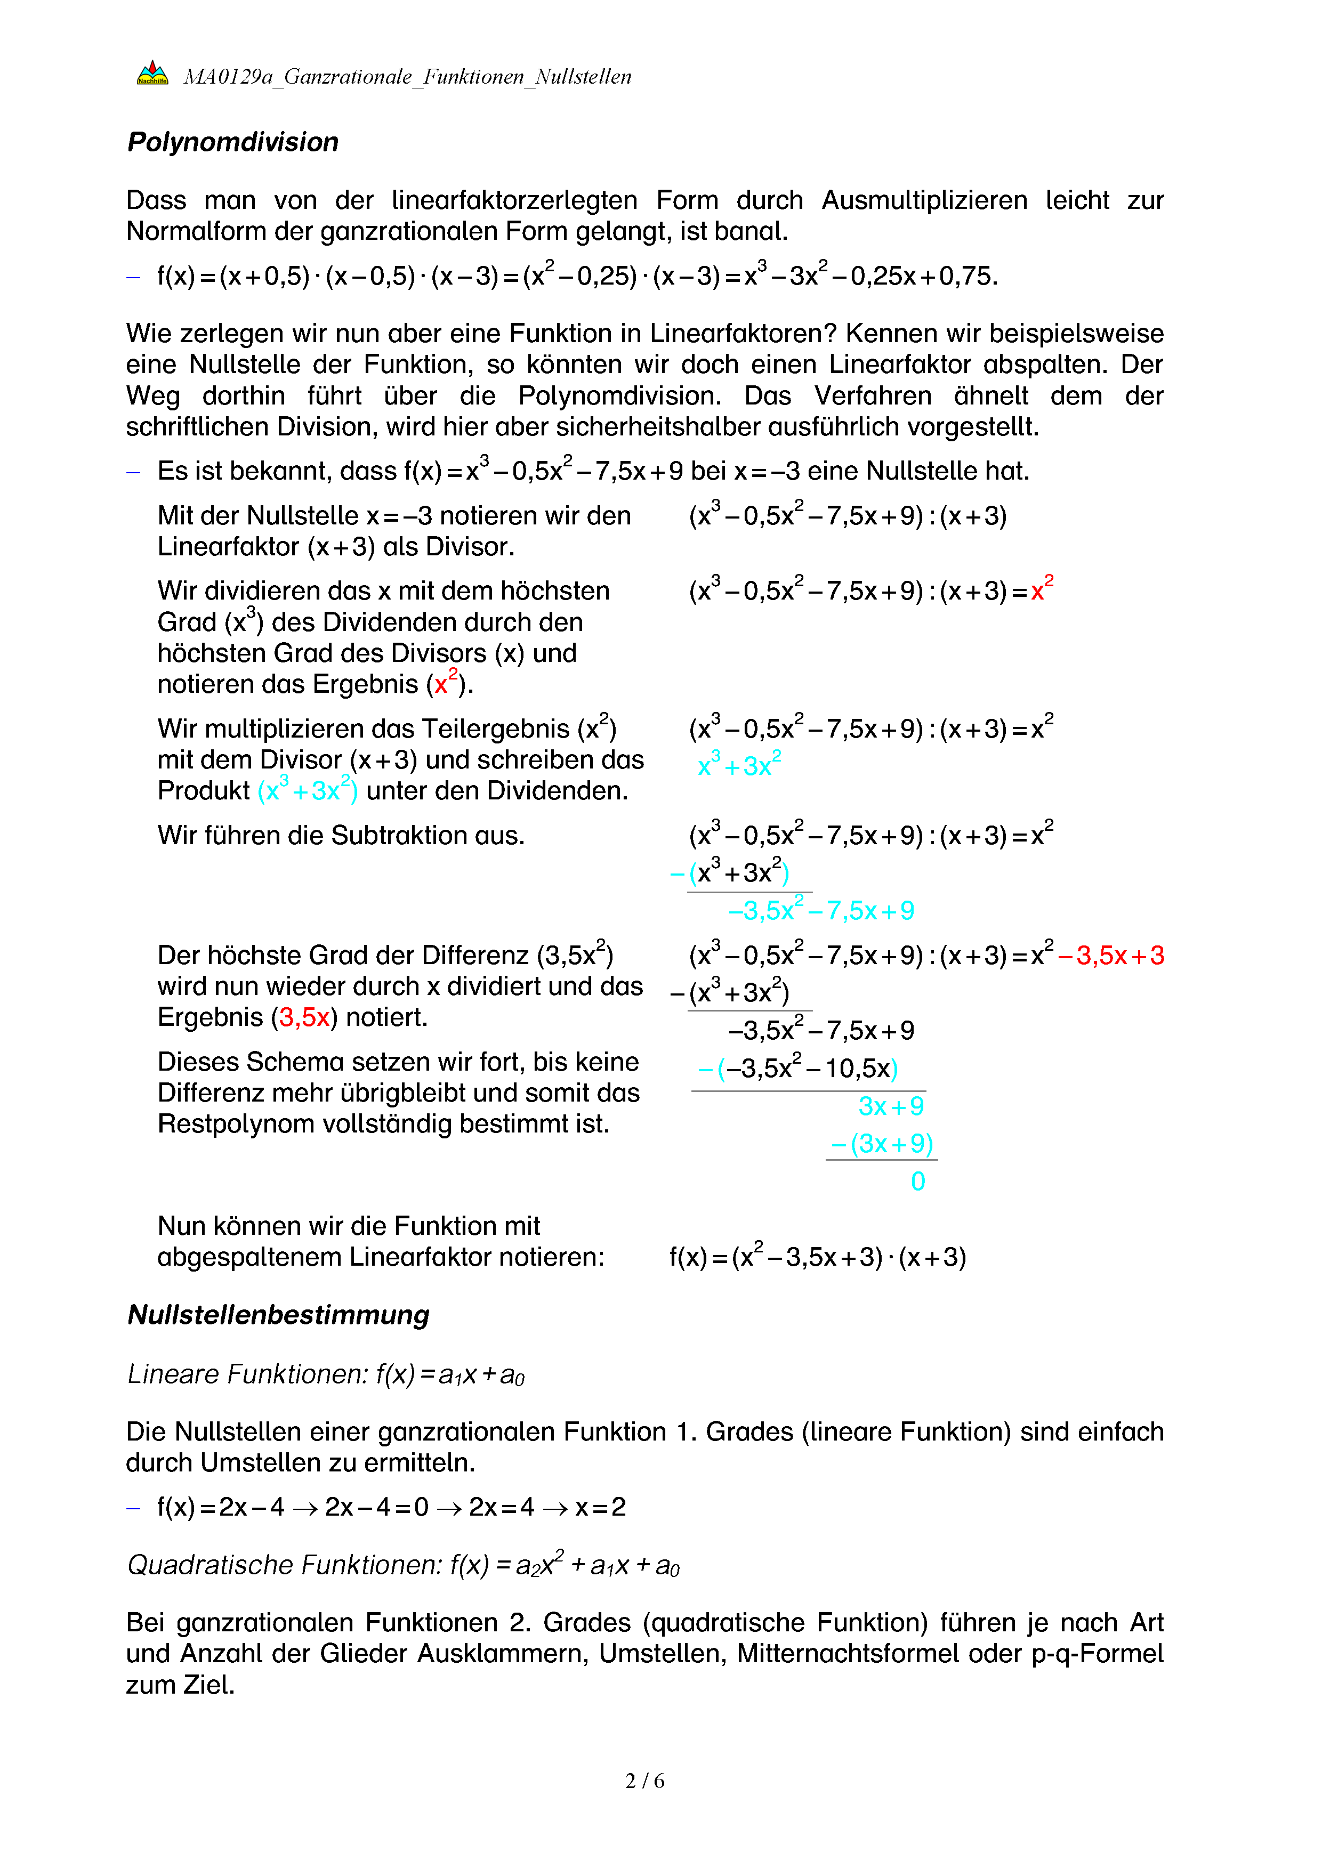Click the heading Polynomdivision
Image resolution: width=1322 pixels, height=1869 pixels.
(233, 142)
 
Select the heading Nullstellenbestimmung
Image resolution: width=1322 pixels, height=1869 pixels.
(278, 1315)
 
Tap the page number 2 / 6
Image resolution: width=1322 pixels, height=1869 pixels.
(644, 1781)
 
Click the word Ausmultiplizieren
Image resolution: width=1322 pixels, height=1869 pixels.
(924, 200)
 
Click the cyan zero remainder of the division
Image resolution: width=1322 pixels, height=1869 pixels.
(917, 1181)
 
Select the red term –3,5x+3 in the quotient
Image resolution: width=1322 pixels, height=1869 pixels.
(1111, 956)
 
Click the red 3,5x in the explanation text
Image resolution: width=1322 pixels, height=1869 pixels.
(304, 1017)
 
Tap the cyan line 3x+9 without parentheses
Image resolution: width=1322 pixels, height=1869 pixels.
(891, 1106)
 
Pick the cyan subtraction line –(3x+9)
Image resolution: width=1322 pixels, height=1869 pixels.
(882, 1144)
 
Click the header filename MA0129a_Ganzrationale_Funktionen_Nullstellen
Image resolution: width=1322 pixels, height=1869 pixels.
(407, 77)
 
